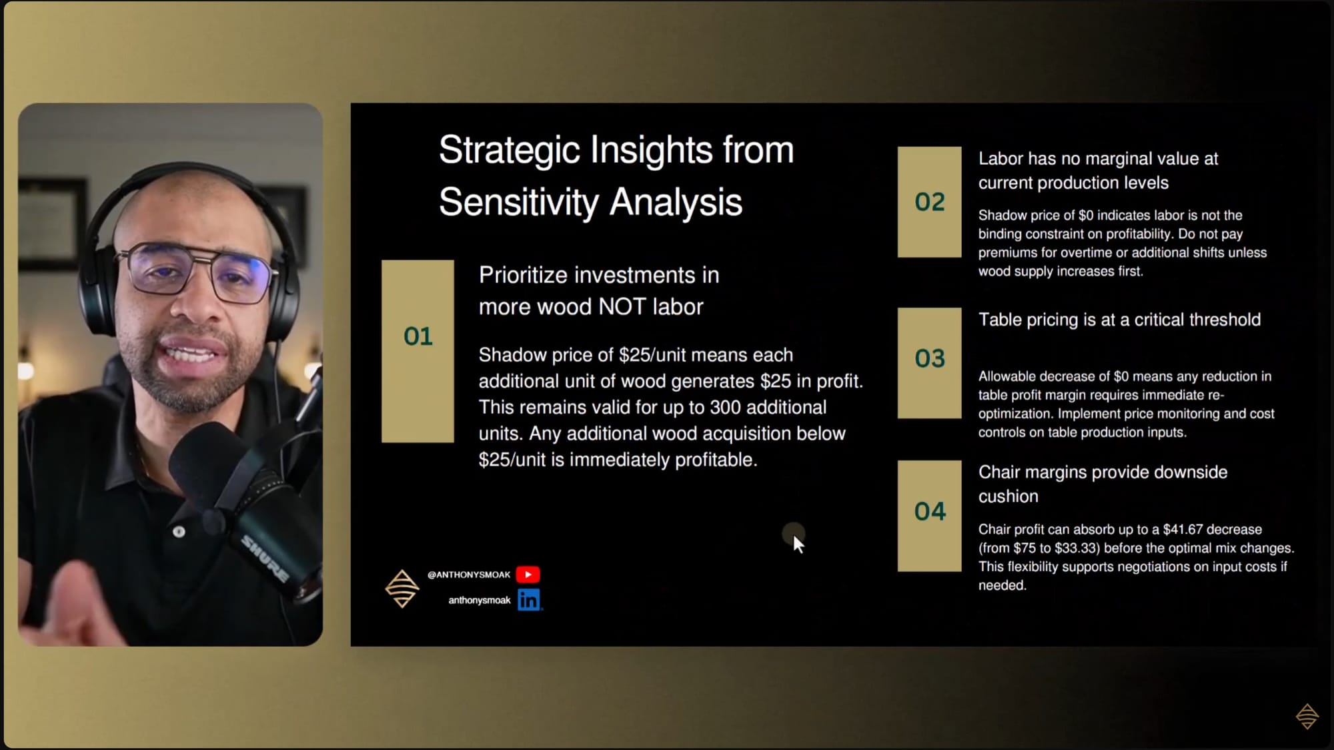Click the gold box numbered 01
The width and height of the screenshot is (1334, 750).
click(418, 351)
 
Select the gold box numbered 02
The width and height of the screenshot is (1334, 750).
click(929, 202)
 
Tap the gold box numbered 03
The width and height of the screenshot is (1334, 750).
click(929, 363)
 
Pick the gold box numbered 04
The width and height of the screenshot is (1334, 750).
click(929, 516)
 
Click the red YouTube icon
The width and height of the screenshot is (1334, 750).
click(528, 575)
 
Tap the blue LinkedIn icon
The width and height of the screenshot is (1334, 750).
click(529, 600)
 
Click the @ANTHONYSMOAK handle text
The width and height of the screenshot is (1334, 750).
click(468, 575)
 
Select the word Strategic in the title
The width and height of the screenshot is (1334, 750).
click(509, 150)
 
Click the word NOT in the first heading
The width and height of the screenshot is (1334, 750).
click(622, 307)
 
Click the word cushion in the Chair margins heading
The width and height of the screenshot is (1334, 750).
click(1008, 496)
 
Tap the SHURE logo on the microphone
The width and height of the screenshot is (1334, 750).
click(265, 558)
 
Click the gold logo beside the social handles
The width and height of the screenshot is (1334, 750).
click(402, 589)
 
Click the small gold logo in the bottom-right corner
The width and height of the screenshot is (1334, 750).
click(1307, 716)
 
